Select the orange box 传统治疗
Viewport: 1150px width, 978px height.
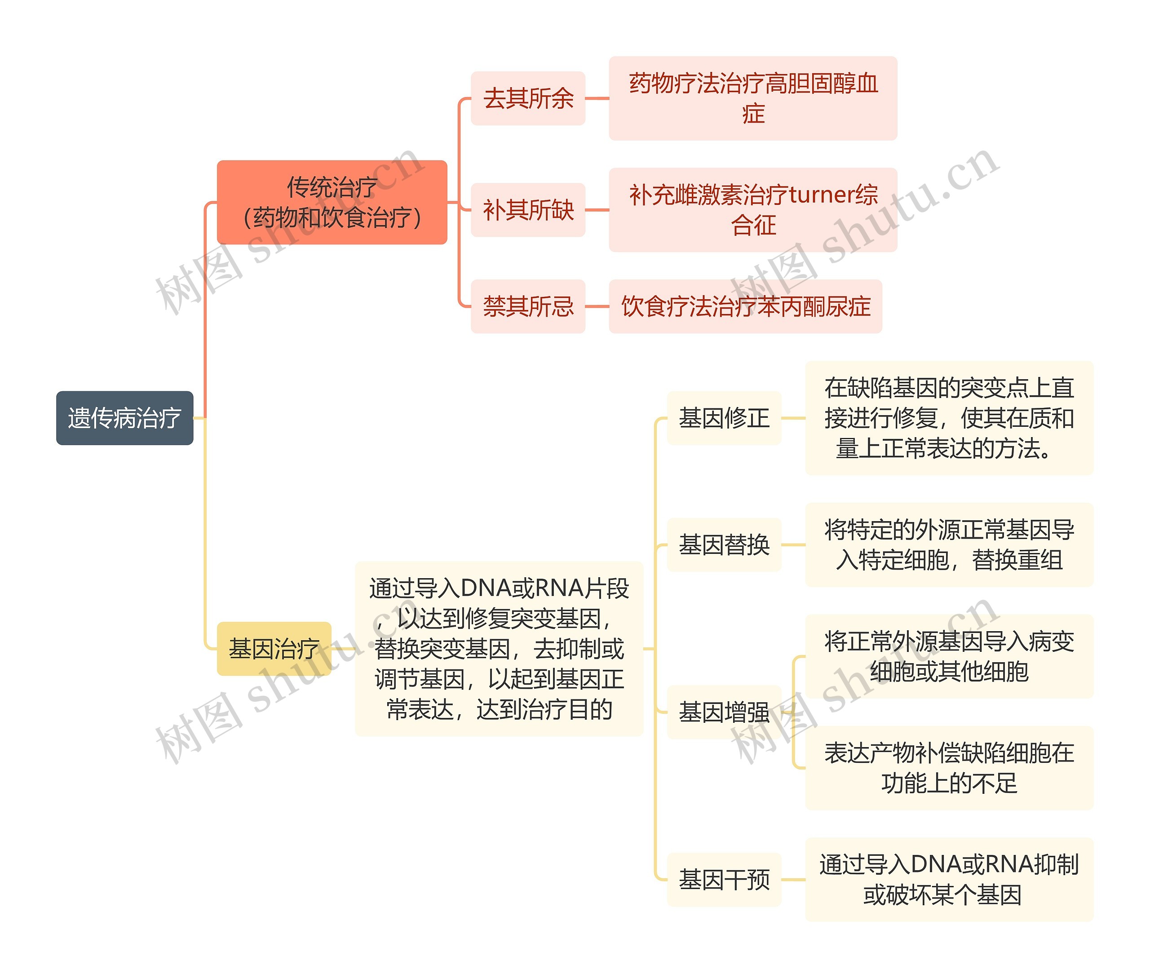click(x=332, y=202)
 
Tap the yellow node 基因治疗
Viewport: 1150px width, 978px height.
click(x=274, y=648)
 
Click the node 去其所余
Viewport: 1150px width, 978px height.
click(x=528, y=98)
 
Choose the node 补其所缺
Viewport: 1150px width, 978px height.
click(x=528, y=209)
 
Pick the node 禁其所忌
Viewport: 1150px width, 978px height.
click(x=528, y=306)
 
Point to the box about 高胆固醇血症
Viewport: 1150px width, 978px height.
click(x=752, y=98)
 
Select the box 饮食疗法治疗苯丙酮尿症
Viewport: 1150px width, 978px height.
click(x=745, y=306)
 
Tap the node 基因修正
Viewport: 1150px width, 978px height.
click(x=724, y=418)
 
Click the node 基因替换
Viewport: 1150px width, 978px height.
click(x=724, y=544)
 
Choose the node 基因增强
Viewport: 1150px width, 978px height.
click(x=724, y=712)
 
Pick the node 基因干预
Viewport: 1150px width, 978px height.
click(x=724, y=879)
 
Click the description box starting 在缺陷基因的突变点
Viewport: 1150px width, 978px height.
click(x=949, y=418)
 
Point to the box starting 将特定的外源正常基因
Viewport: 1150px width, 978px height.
click(x=949, y=544)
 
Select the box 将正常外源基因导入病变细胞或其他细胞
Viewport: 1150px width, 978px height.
click(x=949, y=656)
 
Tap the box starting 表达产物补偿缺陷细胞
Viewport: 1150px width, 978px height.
click(x=949, y=768)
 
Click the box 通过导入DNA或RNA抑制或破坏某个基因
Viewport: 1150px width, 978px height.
click(x=949, y=879)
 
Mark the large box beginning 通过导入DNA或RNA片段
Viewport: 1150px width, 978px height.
click(x=499, y=648)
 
